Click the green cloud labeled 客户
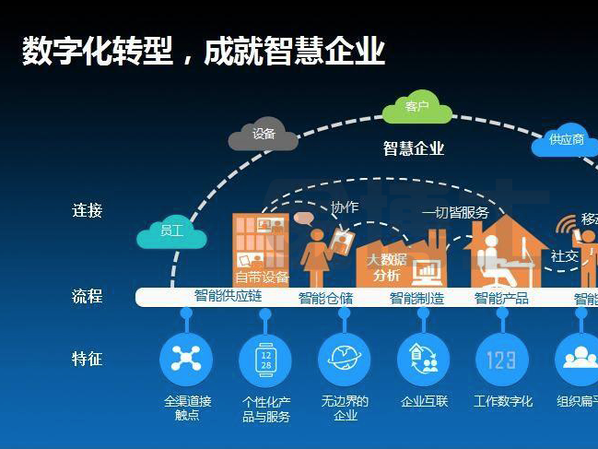click(x=417, y=108)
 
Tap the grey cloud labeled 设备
click(x=264, y=135)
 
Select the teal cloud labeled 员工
click(x=171, y=232)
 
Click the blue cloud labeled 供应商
click(x=566, y=140)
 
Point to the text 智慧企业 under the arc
click(x=414, y=148)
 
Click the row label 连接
click(x=88, y=210)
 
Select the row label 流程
click(x=88, y=297)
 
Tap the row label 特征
click(x=88, y=359)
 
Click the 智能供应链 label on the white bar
click(x=229, y=296)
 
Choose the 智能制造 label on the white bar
click(x=416, y=298)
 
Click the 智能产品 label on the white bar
click(x=501, y=298)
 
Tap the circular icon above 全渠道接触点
click(x=186, y=359)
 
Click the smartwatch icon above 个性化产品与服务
click(x=265, y=359)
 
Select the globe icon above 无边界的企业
click(x=345, y=359)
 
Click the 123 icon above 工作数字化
click(x=502, y=359)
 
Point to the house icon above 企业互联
click(x=424, y=359)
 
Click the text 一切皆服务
click(x=455, y=213)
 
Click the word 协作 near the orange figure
click(x=344, y=207)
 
